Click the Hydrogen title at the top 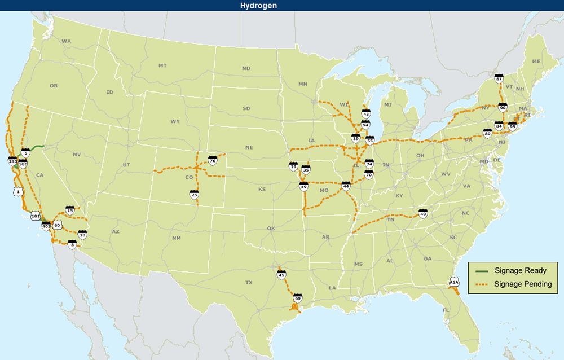pos(281,5)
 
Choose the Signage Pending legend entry pos(523,284)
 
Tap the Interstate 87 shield pos(499,79)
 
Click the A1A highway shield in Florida pos(454,282)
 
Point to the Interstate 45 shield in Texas pos(281,275)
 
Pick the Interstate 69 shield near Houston pos(297,297)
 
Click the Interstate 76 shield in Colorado pos(213,161)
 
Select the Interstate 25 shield pos(194,195)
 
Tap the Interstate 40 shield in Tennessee pos(423,213)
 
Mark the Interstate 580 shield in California pos(23,164)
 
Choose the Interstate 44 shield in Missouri pos(346,185)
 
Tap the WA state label pos(67,41)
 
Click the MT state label pos(162,66)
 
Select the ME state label pos(536,61)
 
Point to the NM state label pos(177,238)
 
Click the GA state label pos(428,258)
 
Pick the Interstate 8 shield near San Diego pos(72,244)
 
